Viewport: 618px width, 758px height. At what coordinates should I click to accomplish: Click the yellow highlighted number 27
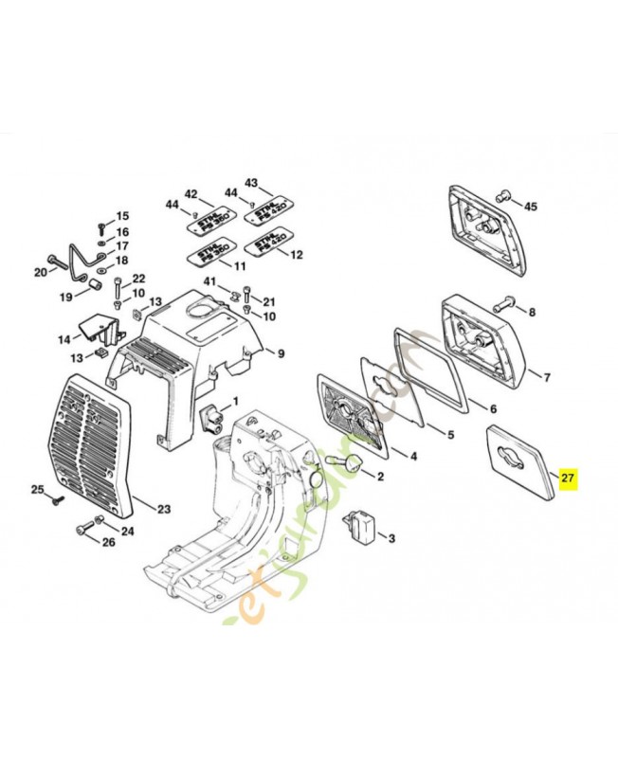click(567, 478)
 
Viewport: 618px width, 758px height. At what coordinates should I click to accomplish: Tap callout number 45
click(531, 207)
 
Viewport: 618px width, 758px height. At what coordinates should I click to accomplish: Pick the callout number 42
click(191, 194)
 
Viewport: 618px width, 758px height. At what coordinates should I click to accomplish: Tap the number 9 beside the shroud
click(281, 353)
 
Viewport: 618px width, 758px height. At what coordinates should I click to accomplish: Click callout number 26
click(107, 543)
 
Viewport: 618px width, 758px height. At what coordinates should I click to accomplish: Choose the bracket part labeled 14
click(94, 329)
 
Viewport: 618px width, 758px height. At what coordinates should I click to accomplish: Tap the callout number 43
click(251, 182)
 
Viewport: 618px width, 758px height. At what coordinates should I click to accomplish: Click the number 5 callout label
click(450, 435)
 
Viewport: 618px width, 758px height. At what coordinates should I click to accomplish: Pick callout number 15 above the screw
click(122, 216)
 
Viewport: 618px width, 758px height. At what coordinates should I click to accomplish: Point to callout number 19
click(66, 297)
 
